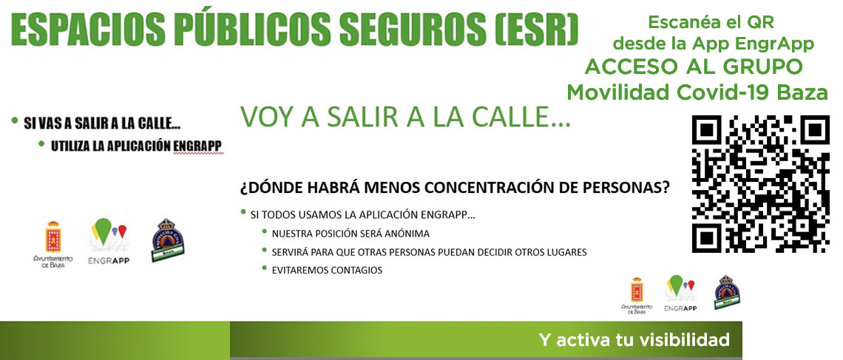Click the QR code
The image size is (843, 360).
click(760, 184)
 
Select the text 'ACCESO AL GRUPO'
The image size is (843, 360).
click(694, 67)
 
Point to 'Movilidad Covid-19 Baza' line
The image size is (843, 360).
click(697, 92)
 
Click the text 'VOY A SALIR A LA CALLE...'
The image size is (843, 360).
click(404, 117)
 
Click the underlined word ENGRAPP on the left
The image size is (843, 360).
click(198, 146)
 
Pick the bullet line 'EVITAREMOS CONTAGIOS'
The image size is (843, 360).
click(327, 271)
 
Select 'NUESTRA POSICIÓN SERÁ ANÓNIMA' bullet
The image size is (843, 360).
click(351, 234)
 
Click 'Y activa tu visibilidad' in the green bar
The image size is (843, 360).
click(634, 339)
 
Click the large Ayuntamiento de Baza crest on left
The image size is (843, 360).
click(53, 237)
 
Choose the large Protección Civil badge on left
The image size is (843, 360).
click(167, 240)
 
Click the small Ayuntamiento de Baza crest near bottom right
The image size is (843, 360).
click(637, 291)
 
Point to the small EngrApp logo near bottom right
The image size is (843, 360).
click(680, 288)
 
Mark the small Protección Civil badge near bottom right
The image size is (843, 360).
click(726, 292)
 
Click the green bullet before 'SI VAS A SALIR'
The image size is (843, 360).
click(15, 120)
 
